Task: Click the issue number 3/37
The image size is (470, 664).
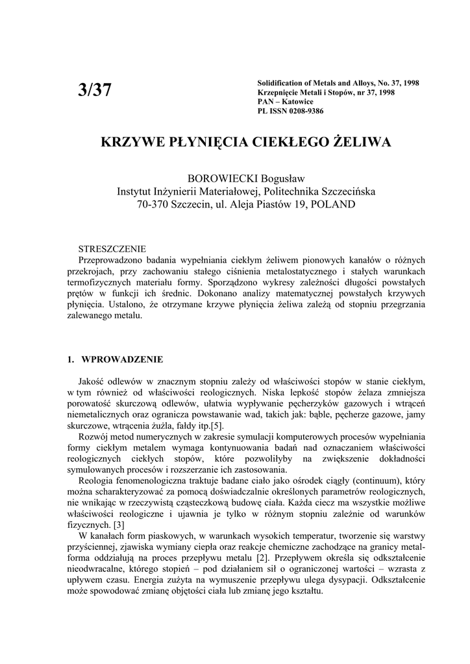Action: coord(95,91)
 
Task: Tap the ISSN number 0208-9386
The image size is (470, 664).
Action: coord(303,111)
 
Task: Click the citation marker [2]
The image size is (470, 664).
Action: coord(262,557)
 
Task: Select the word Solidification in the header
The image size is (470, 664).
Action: coord(280,84)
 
